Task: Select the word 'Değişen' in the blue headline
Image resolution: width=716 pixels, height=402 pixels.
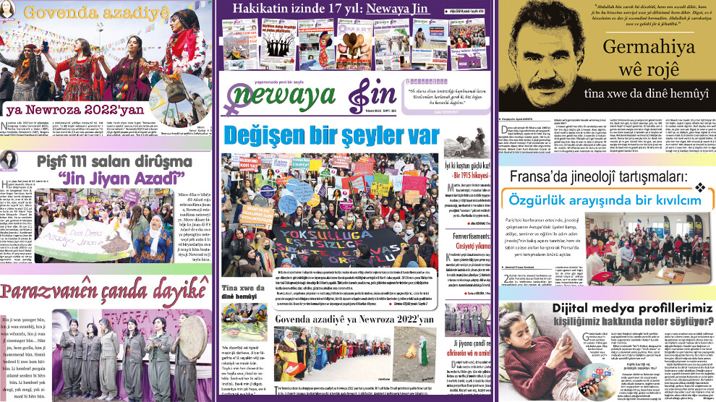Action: click(x=265, y=135)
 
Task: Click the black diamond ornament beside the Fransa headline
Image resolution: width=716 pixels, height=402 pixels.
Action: click(x=699, y=188)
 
